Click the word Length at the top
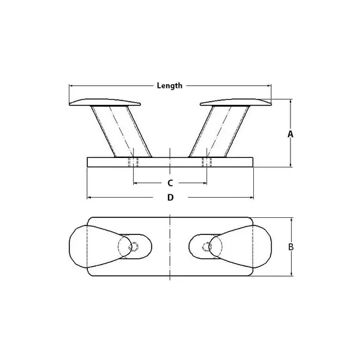point(170,85)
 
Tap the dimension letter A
point(291,134)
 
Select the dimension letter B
point(291,247)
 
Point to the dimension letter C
point(170,183)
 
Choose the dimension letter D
point(170,198)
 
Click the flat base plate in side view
point(171,162)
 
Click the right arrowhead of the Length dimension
point(270,85)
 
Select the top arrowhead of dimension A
point(291,101)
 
